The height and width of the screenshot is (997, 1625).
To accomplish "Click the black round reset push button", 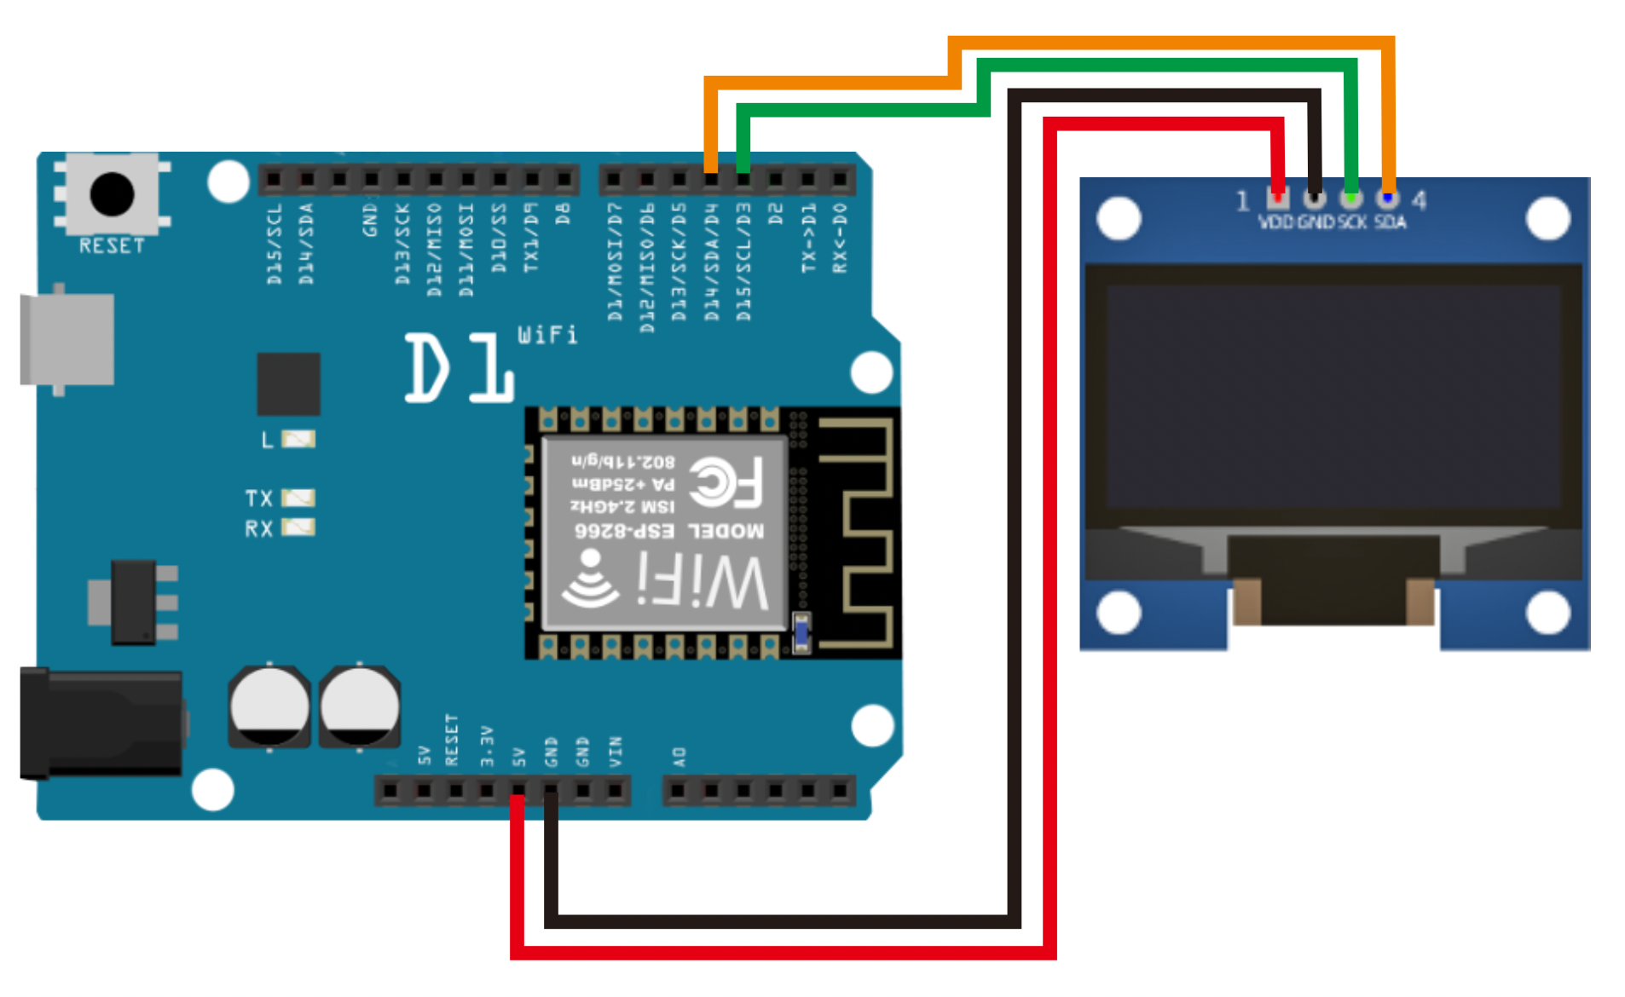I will point(112,194).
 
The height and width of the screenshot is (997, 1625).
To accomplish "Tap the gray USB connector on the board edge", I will point(67,339).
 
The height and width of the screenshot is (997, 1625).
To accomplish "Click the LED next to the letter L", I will point(298,439).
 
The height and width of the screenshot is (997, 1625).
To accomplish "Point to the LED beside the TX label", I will point(298,498).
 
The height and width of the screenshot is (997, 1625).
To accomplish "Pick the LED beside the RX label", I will point(298,527).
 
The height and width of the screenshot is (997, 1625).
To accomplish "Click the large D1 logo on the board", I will point(459,368).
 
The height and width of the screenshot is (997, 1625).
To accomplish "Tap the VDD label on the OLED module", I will point(1276,222).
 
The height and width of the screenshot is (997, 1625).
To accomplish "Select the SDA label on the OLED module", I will point(1390,222).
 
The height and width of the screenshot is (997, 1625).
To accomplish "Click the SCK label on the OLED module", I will point(1352,222).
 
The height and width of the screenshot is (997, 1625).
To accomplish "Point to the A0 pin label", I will point(679,756).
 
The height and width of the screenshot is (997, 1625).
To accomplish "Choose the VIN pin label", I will point(616,752).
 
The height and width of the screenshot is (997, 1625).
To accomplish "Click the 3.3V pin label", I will point(487,746).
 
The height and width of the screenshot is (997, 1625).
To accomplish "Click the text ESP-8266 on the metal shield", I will point(624,531).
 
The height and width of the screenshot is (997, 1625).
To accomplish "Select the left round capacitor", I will point(269,706).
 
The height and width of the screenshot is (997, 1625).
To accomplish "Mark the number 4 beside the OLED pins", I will point(1419,200).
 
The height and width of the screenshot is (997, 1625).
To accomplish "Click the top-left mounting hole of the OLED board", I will point(1119,218).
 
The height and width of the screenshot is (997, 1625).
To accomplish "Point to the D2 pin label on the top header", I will point(775,214).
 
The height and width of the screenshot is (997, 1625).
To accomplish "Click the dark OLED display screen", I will point(1333,396).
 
